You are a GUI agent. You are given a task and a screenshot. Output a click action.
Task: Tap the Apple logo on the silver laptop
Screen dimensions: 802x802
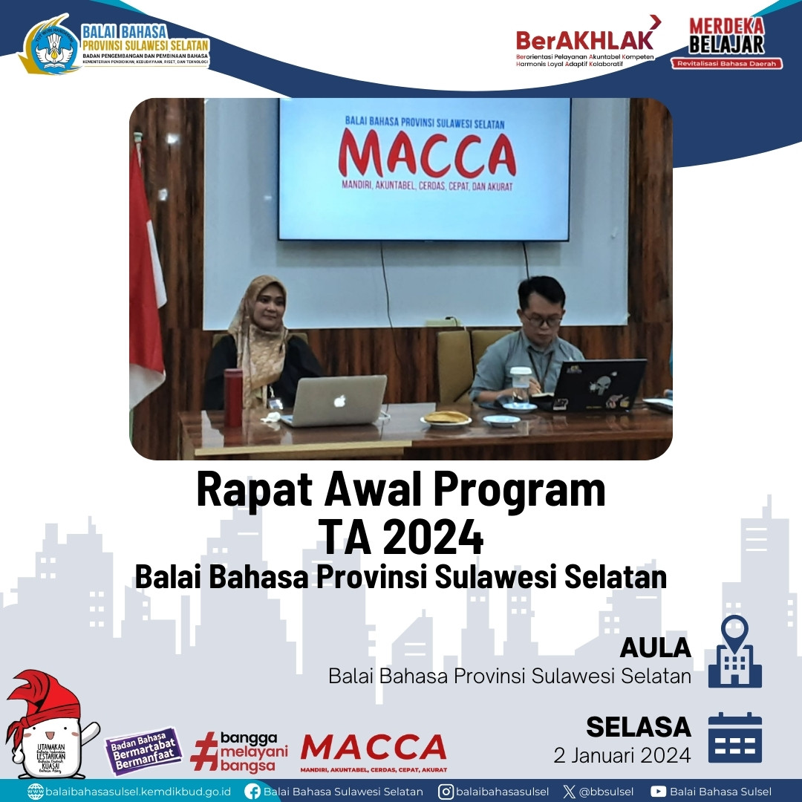[339, 401]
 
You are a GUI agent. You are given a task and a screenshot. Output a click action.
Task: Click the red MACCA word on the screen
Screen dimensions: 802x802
[427, 154]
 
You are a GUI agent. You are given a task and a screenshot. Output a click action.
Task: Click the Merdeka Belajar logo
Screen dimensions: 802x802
[726, 43]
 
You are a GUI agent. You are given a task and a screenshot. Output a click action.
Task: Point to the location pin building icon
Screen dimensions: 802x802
[734, 651]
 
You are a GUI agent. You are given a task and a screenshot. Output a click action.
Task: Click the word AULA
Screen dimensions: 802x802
[656, 648]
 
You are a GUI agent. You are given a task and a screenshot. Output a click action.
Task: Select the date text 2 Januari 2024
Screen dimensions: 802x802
[622, 755]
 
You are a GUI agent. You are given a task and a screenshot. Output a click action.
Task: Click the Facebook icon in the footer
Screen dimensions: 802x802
[252, 792]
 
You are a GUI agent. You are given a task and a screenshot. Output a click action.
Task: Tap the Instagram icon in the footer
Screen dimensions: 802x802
[446, 792]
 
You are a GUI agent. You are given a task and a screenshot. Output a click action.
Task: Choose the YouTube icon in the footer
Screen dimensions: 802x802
[658, 792]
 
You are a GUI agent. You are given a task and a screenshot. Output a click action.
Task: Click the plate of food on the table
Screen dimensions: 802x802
[446, 419]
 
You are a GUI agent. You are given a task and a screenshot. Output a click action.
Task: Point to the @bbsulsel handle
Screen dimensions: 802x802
[603, 792]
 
